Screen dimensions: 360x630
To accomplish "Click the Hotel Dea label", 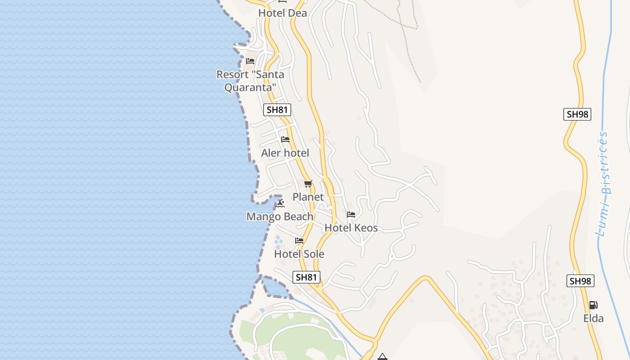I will pyautogui.click(x=283, y=13).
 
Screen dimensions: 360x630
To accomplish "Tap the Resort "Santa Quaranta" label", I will pyautogui.click(x=250, y=81).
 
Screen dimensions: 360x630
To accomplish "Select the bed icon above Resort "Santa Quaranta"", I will pyautogui.click(x=250, y=61).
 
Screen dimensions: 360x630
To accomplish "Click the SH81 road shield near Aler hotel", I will pyautogui.click(x=277, y=109).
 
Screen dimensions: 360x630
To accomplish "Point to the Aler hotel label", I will pyautogui.click(x=285, y=153).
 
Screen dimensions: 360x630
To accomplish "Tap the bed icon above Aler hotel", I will pyautogui.click(x=285, y=139).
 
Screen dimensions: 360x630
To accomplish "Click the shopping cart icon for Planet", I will pyautogui.click(x=308, y=184).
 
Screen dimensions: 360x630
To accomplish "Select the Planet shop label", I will pyautogui.click(x=308, y=197).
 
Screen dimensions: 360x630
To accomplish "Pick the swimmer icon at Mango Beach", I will pyautogui.click(x=281, y=203).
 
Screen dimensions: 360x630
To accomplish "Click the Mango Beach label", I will pyautogui.click(x=280, y=216).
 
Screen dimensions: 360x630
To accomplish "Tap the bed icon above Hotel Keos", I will pyautogui.click(x=351, y=215).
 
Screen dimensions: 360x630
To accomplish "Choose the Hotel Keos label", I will pyautogui.click(x=351, y=228).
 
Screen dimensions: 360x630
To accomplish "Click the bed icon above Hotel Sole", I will pyautogui.click(x=299, y=241).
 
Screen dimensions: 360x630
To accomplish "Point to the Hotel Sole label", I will pyautogui.click(x=299, y=254).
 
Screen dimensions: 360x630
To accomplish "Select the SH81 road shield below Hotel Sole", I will pyautogui.click(x=306, y=277).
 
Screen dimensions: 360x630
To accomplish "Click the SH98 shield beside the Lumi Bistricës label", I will pyautogui.click(x=577, y=114).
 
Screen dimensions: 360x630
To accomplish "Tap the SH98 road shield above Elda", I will pyautogui.click(x=580, y=281).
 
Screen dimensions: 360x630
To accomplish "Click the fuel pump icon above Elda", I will pyautogui.click(x=594, y=305).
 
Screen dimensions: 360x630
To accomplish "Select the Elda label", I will pyautogui.click(x=593, y=318).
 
